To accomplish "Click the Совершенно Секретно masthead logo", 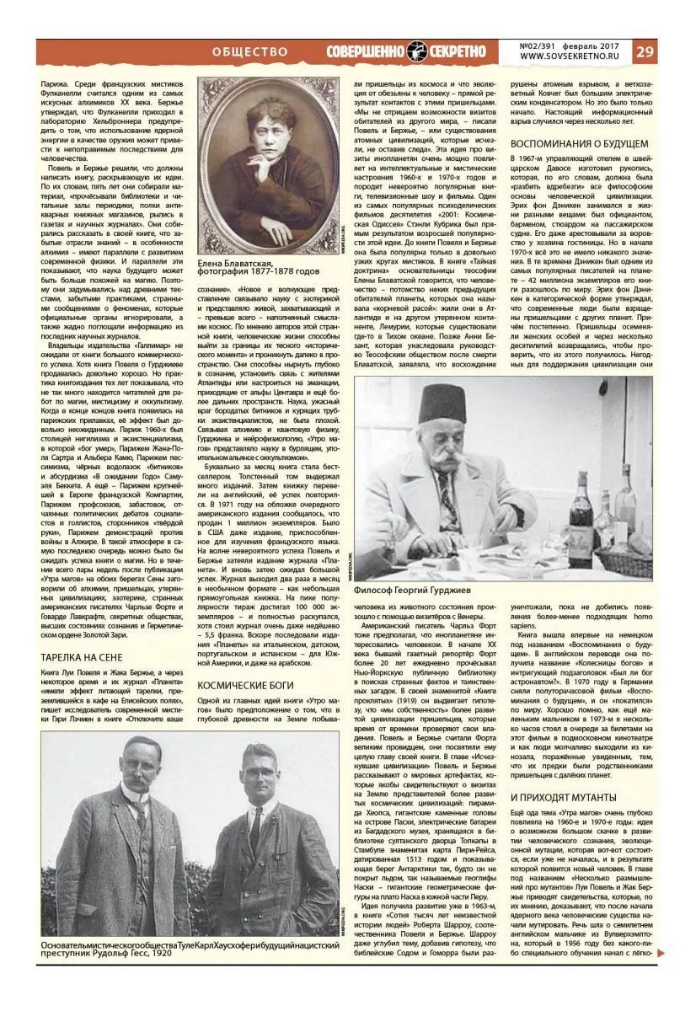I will click(406, 51).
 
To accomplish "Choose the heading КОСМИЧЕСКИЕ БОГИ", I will click(246, 685).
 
